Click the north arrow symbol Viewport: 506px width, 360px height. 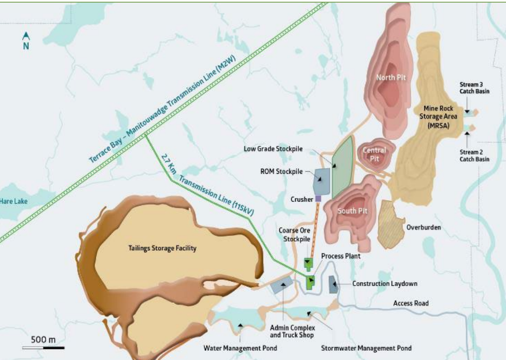click(x=26, y=36)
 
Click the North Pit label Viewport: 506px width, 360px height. click(x=391, y=77)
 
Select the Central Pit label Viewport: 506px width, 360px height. click(x=374, y=154)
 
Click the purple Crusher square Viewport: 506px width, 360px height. click(x=318, y=199)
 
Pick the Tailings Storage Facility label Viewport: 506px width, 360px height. click(x=162, y=248)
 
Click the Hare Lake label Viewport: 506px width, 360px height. click(x=14, y=201)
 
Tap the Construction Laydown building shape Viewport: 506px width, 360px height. click(x=333, y=284)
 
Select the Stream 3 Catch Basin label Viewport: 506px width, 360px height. click(x=474, y=87)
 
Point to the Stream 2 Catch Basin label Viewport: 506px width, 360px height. click(x=474, y=156)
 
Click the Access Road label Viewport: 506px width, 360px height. click(x=411, y=303)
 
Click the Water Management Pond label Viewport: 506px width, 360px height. click(x=240, y=348)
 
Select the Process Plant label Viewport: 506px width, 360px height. click(x=340, y=256)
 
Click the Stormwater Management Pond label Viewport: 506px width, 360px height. click(x=366, y=348)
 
